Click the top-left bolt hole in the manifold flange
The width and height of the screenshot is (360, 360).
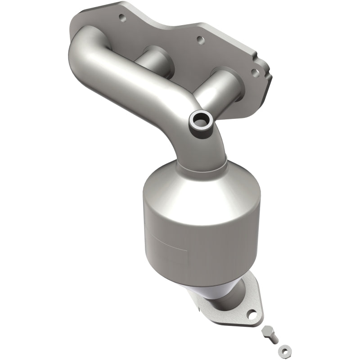click(x=121, y=18)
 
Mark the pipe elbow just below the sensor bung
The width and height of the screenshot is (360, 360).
click(x=207, y=144)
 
